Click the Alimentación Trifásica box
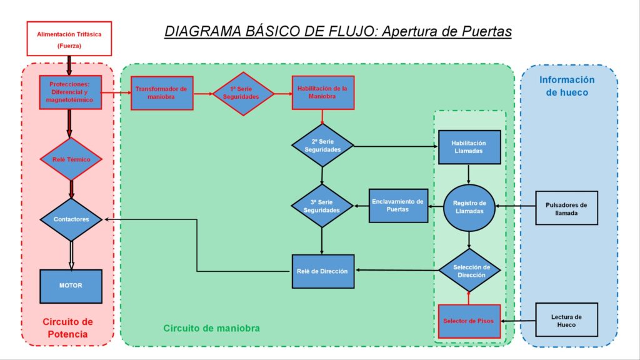(x=69, y=39)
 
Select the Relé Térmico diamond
(x=71, y=159)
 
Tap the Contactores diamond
(x=71, y=219)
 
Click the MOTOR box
(x=71, y=286)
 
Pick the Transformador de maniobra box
(x=162, y=93)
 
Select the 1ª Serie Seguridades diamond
(x=243, y=94)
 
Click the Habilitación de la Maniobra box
(x=323, y=92)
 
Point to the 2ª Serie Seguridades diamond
(x=322, y=146)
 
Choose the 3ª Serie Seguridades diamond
(x=322, y=206)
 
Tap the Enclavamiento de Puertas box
(x=398, y=206)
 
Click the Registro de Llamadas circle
(x=469, y=207)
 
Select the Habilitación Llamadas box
(x=469, y=147)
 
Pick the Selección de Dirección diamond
(x=470, y=270)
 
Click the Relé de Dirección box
(x=323, y=271)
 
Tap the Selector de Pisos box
(x=469, y=321)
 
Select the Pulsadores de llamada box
(x=566, y=207)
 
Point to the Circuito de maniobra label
(x=211, y=328)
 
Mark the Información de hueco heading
(x=567, y=86)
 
